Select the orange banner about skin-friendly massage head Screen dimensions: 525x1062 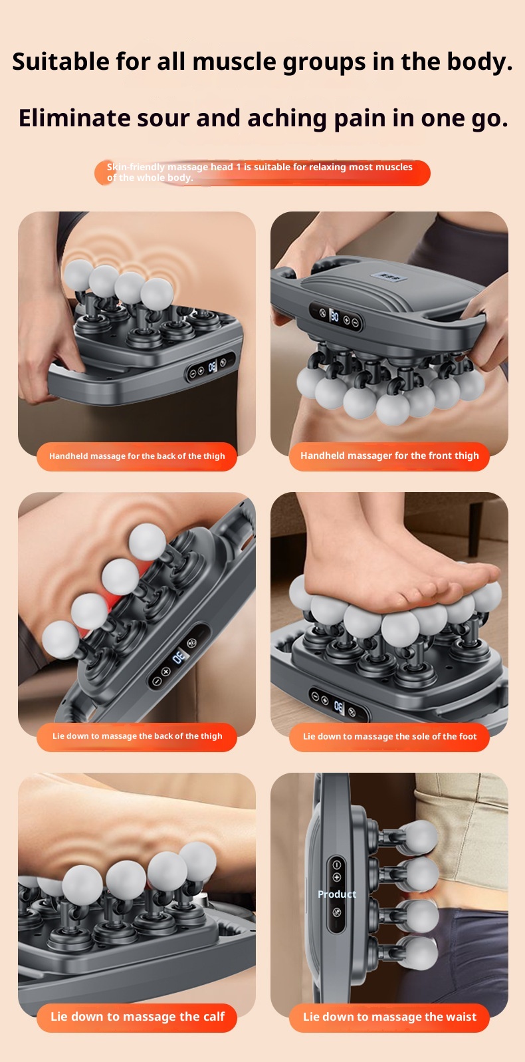(262, 173)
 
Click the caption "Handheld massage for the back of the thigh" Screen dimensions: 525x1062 (137, 456)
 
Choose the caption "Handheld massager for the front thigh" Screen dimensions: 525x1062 (389, 456)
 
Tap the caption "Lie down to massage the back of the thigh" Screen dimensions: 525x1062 (137, 736)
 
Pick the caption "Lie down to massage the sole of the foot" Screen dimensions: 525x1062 (389, 737)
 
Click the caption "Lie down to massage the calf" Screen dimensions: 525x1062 (137, 1017)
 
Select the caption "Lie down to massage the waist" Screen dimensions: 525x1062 (389, 1017)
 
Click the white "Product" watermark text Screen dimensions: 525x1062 (337, 894)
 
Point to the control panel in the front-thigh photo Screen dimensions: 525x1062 (336, 317)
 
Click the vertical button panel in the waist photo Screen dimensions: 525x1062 (336, 894)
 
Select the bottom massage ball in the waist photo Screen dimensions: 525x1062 (419, 954)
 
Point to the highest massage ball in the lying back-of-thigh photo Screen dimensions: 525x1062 (148, 541)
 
